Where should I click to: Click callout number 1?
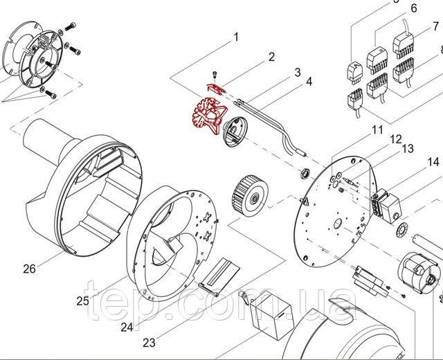pos(235,37)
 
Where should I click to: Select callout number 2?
pos(271,57)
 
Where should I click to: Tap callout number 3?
pos(296,72)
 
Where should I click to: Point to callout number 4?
pos(309,82)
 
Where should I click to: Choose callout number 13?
pos(408,149)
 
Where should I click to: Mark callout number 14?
pos(433,163)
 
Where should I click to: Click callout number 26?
pos(28,269)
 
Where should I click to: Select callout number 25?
pos(82,301)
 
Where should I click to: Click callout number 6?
pos(414,9)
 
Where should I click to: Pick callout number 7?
pos(435,26)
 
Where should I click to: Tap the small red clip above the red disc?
pos(216,86)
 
